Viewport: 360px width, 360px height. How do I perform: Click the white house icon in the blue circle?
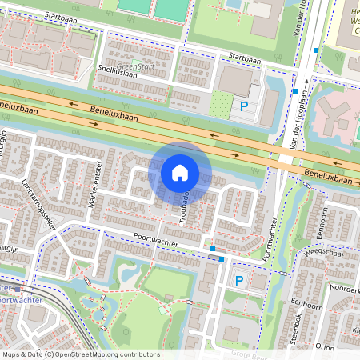click(x=180, y=172)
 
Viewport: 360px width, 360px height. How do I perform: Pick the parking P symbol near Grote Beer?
click(x=238, y=281)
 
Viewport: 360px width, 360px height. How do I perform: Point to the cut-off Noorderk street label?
click(x=344, y=289)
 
